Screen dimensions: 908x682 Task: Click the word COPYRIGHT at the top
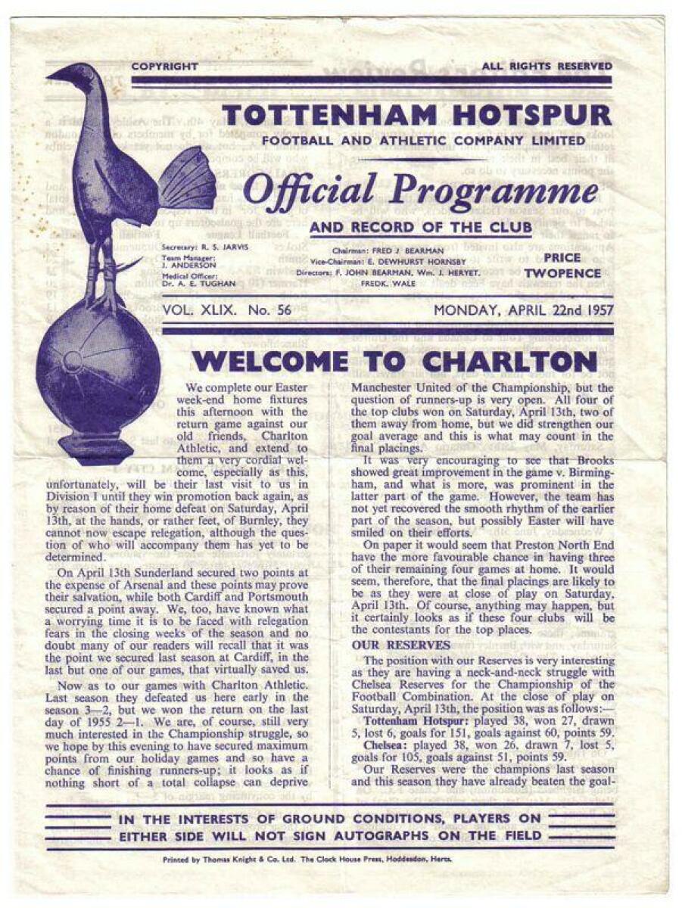click(x=164, y=67)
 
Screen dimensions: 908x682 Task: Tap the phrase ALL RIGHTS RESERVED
click(x=547, y=67)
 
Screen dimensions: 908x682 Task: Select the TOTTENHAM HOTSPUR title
click(x=417, y=115)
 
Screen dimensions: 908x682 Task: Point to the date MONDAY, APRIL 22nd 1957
click(x=523, y=311)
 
